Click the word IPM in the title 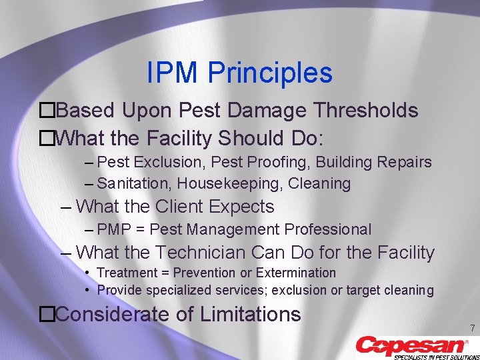pos(173,73)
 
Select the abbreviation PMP pos(115,230)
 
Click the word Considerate pos(115,314)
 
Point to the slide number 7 pos(472,329)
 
